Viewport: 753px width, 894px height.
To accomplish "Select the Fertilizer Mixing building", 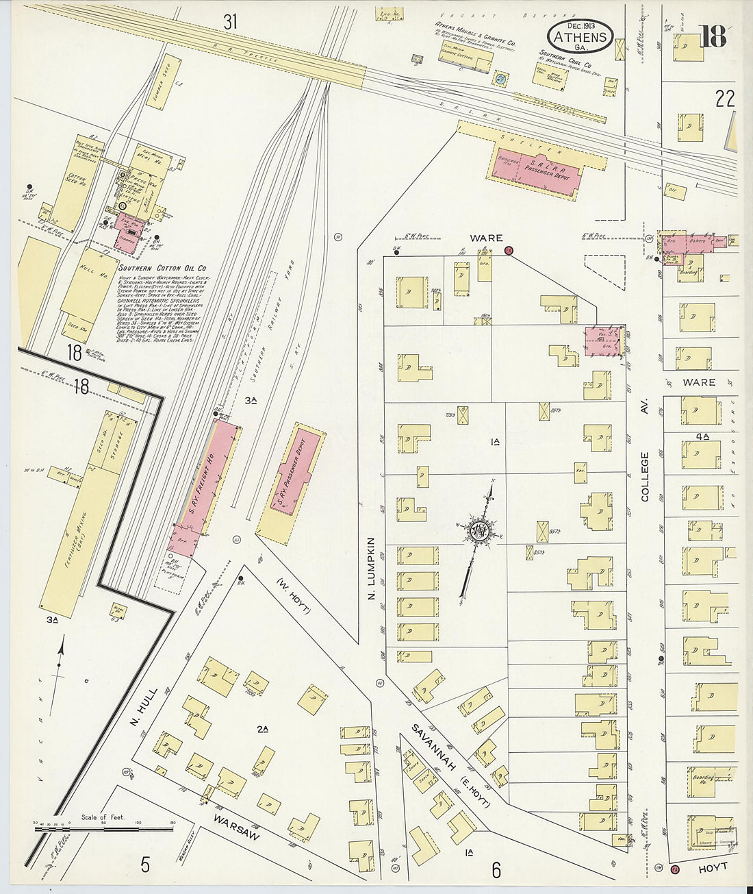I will point(77,534).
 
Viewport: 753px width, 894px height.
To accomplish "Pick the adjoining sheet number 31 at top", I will point(230,22).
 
